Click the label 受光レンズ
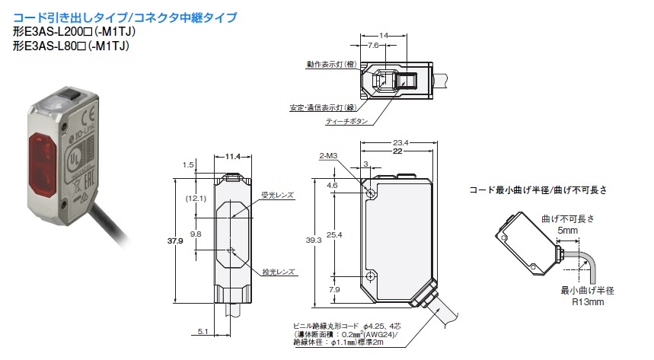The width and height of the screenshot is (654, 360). click(x=278, y=196)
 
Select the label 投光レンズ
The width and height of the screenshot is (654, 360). click(x=278, y=271)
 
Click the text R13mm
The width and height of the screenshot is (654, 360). click(x=585, y=302)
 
